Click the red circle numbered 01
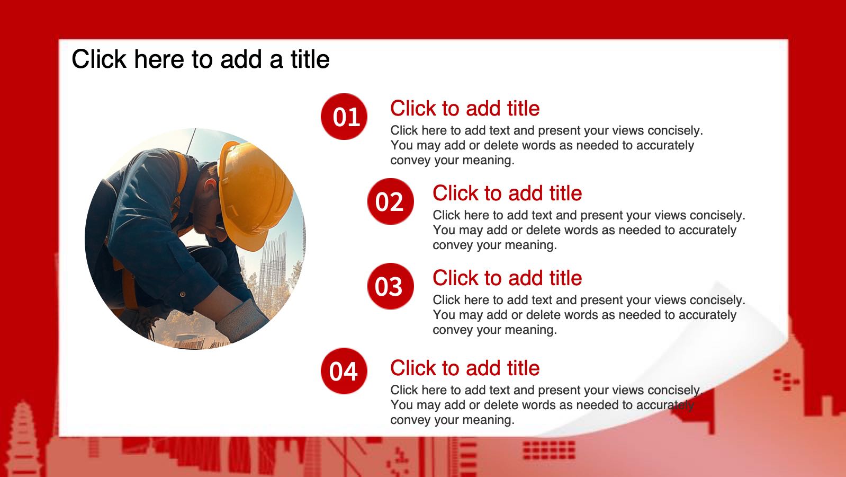344,117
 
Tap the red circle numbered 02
390,201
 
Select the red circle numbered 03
390,286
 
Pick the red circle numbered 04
344,371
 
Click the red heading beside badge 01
465,109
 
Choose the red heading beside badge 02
507,193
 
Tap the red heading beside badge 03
507,278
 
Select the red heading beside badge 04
465,368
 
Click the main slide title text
201,59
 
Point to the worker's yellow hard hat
253,193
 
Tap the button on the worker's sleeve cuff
183,294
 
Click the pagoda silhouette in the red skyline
23,438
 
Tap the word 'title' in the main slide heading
310,59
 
